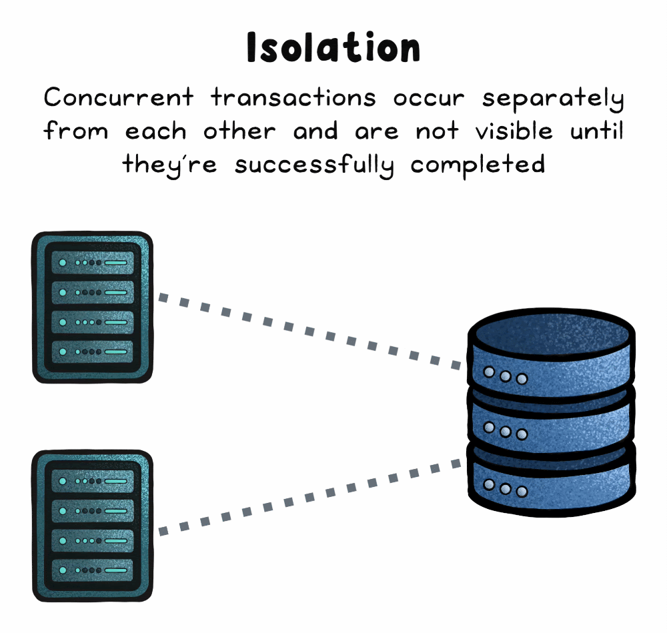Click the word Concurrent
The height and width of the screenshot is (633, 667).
[119, 99]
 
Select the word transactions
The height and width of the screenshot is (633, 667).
[293, 99]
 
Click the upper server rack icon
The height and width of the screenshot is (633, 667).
[93, 307]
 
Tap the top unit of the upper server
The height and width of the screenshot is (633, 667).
[93, 263]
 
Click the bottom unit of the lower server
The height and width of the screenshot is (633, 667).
[93, 570]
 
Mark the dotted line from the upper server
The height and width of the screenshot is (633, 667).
[310, 331]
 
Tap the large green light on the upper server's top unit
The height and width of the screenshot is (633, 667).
[63, 263]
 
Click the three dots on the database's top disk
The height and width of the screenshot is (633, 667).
[505, 376]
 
